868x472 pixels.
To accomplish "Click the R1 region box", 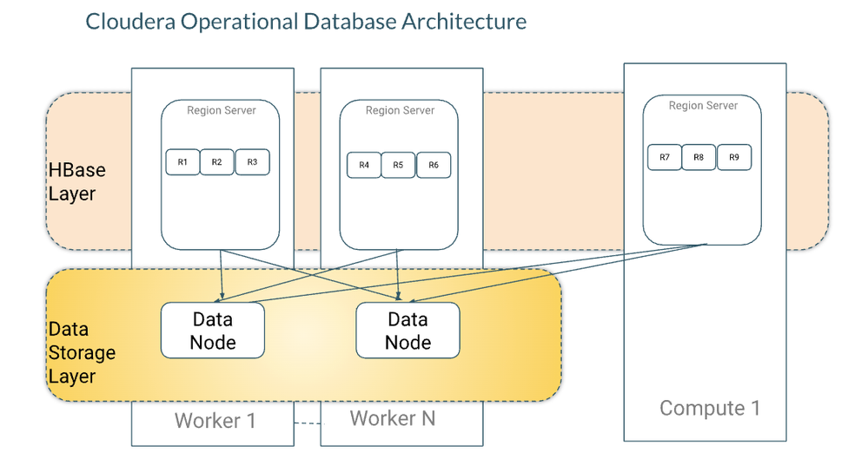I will pyautogui.click(x=182, y=162).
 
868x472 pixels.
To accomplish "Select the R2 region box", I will pyautogui.click(x=217, y=162).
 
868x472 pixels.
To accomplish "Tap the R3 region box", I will pyautogui.click(x=252, y=162).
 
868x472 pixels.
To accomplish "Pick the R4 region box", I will pyautogui.click(x=364, y=165).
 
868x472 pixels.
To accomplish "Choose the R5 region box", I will pyautogui.click(x=398, y=165).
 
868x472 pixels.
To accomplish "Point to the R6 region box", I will pyautogui.click(x=433, y=165).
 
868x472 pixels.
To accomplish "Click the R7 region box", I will pyautogui.click(x=665, y=157).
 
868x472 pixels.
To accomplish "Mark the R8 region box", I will pyautogui.click(x=699, y=157).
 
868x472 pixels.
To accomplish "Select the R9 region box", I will pyautogui.click(x=734, y=157).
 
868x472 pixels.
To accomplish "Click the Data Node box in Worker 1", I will pyautogui.click(x=213, y=331).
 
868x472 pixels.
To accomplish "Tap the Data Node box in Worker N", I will pyautogui.click(x=407, y=331).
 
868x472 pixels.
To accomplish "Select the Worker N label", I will pyautogui.click(x=393, y=419).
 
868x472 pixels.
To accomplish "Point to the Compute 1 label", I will pyautogui.click(x=710, y=408).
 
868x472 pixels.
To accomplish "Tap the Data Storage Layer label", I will pyautogui.click(x=82, y=353).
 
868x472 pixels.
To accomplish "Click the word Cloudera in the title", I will pyautogui.click(x=129, y=21).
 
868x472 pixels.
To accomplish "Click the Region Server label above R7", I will pyautogui.click(x=703, y=106).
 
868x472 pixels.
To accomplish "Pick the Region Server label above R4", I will pyautogui.click(x=400, y=110).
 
